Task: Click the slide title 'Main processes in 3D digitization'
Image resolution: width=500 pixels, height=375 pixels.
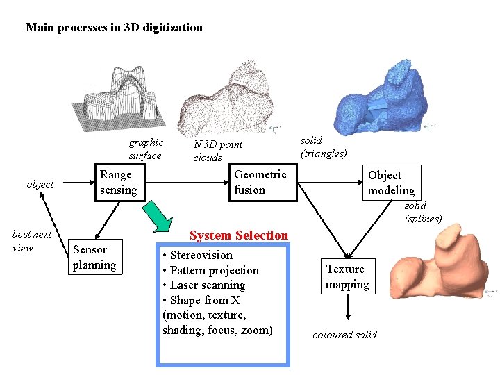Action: [114, 28]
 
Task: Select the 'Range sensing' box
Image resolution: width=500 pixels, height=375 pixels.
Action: [119, 183]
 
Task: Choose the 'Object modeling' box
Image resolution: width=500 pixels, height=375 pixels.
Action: [392, 183]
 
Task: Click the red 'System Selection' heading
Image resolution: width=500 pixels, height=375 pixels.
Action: [238, 235]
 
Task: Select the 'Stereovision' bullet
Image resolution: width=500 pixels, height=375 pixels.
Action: [198, 255]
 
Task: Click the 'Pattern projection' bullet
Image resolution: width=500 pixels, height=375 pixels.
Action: [210, 270]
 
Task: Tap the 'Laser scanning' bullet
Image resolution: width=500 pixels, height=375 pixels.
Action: [203, 285]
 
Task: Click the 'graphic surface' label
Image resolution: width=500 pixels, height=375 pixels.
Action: [146, 149]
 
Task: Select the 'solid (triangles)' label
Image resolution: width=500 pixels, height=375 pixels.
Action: [323, 147]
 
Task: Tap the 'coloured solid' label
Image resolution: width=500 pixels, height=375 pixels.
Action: [344, 335]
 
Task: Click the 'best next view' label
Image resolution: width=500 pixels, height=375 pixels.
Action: [32, 241]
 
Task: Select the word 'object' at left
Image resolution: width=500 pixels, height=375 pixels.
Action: [40, 184]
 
